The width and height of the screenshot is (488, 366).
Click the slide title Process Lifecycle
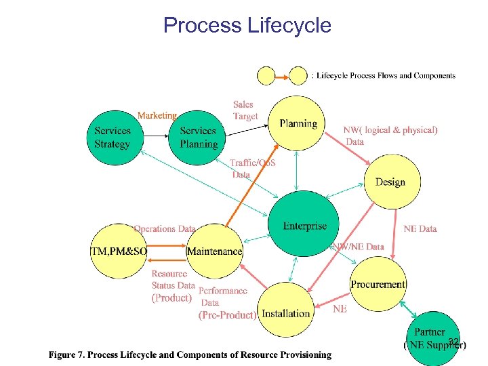247,26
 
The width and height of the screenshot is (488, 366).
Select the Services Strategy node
113,138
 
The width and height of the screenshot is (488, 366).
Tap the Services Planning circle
198,138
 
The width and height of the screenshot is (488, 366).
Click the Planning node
298,123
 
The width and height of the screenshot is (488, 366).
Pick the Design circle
390,182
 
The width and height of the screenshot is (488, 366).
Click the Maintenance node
214,251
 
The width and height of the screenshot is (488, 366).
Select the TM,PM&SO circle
118,251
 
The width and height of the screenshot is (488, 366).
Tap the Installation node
285,312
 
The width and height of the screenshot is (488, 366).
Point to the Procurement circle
378,285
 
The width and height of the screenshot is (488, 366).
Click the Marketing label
157,115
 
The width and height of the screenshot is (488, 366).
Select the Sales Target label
245,110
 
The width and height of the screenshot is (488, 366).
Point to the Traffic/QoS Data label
252,168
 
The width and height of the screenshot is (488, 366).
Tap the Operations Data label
165,229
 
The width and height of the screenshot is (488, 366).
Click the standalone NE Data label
420,229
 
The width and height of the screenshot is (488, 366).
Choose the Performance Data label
222,297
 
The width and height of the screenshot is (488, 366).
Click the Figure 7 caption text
190,354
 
